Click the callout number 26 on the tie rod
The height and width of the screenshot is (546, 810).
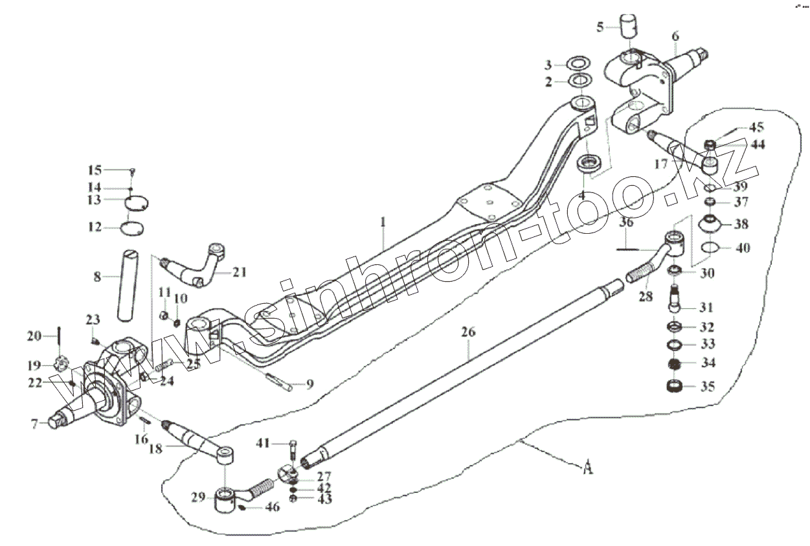pos(468,332)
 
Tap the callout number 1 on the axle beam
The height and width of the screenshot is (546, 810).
pos(383,222)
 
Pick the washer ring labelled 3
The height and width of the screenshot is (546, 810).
pos(578,64)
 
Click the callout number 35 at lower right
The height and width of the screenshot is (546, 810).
pos(708,387)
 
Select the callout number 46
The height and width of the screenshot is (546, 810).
pos(273,507)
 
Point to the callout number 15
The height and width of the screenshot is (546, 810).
pos(95,170)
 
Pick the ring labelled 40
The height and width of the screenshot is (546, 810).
pos(710,247)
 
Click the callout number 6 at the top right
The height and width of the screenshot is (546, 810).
pos(675,36)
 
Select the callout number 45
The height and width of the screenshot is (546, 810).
pos(739,127)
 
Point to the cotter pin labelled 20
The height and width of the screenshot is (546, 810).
pos(59,336)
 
